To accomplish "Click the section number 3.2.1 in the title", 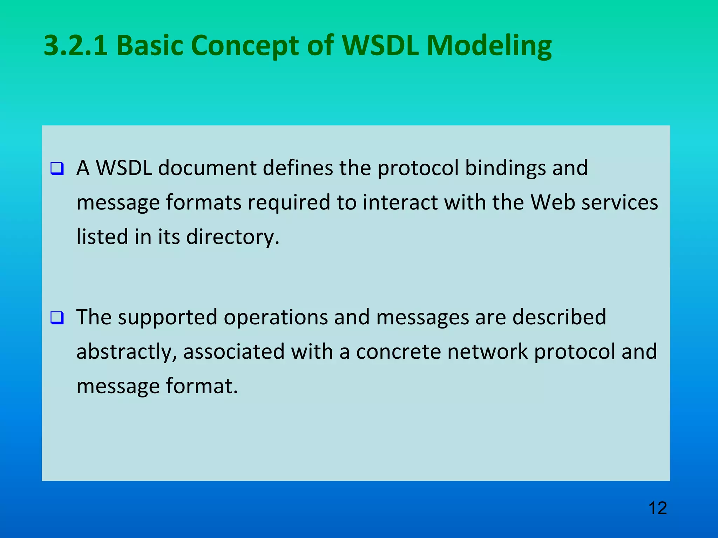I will [x=76, y=46].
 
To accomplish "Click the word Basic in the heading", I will [x=150, y=46].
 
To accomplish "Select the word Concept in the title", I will [x=245, y=46].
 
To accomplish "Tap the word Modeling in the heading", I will [x=489, y=46].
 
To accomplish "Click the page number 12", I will [x=657, y=508].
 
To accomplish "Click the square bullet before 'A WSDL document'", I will [x=57, y=168].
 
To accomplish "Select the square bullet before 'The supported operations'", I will [x=57, y=318].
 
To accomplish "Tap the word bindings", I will [x=505, y=168].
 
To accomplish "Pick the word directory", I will [x=232, y=237].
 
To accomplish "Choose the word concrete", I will [x=398, y=352].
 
